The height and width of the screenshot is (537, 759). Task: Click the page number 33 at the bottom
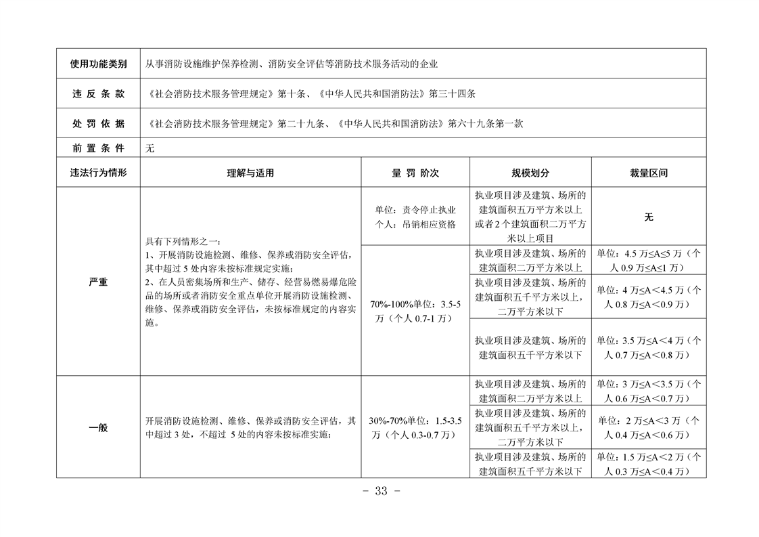pos(381,492)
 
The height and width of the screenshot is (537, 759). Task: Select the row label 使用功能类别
pos(98,64)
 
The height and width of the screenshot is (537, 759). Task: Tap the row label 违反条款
pos(98,94)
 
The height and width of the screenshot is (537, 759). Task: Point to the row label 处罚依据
pos(98,124)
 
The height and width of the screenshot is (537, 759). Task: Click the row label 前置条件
pos(98,148)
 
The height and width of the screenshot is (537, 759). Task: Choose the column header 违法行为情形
pos(98,173)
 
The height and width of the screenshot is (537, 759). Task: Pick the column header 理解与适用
pos(250,173)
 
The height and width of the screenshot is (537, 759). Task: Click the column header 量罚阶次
pos(415,173)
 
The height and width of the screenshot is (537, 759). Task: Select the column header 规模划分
pos(530,173)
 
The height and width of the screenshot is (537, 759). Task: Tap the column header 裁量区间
pos(648,173)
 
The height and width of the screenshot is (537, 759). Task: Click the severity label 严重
pos(98,282)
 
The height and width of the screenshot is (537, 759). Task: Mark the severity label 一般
pos(98,428)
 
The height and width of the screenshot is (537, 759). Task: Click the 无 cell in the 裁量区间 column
pos(648,217)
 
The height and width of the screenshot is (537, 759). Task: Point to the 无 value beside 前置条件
pos(150,148)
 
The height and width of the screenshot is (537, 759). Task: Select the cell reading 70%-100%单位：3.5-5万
pos(415,311)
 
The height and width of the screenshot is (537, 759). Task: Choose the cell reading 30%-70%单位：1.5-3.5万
pos(415,428)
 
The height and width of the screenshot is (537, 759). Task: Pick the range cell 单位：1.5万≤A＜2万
pos(648,464)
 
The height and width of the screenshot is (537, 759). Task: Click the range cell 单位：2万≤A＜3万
pos(648,427)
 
